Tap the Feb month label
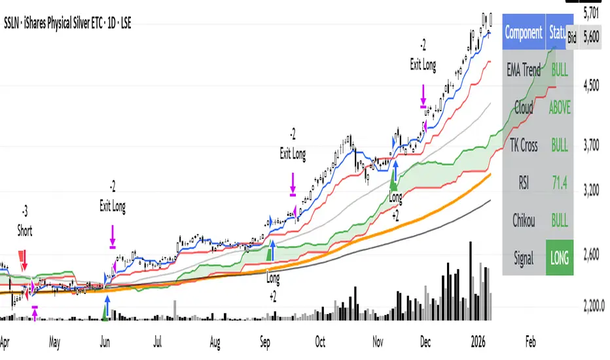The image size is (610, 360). pyautogui.click(x=530, y=341)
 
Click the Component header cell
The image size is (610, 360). pyautogui.click(x=524, y=32)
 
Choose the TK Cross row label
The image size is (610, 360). pyautogui.click(x=524, y=145)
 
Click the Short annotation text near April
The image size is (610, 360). pyautogui.click(x=26, y=231)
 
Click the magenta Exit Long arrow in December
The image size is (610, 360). pyautogui.click(x=423, y=93)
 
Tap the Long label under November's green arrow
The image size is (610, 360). pyautogui.click(x=395, y=196)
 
